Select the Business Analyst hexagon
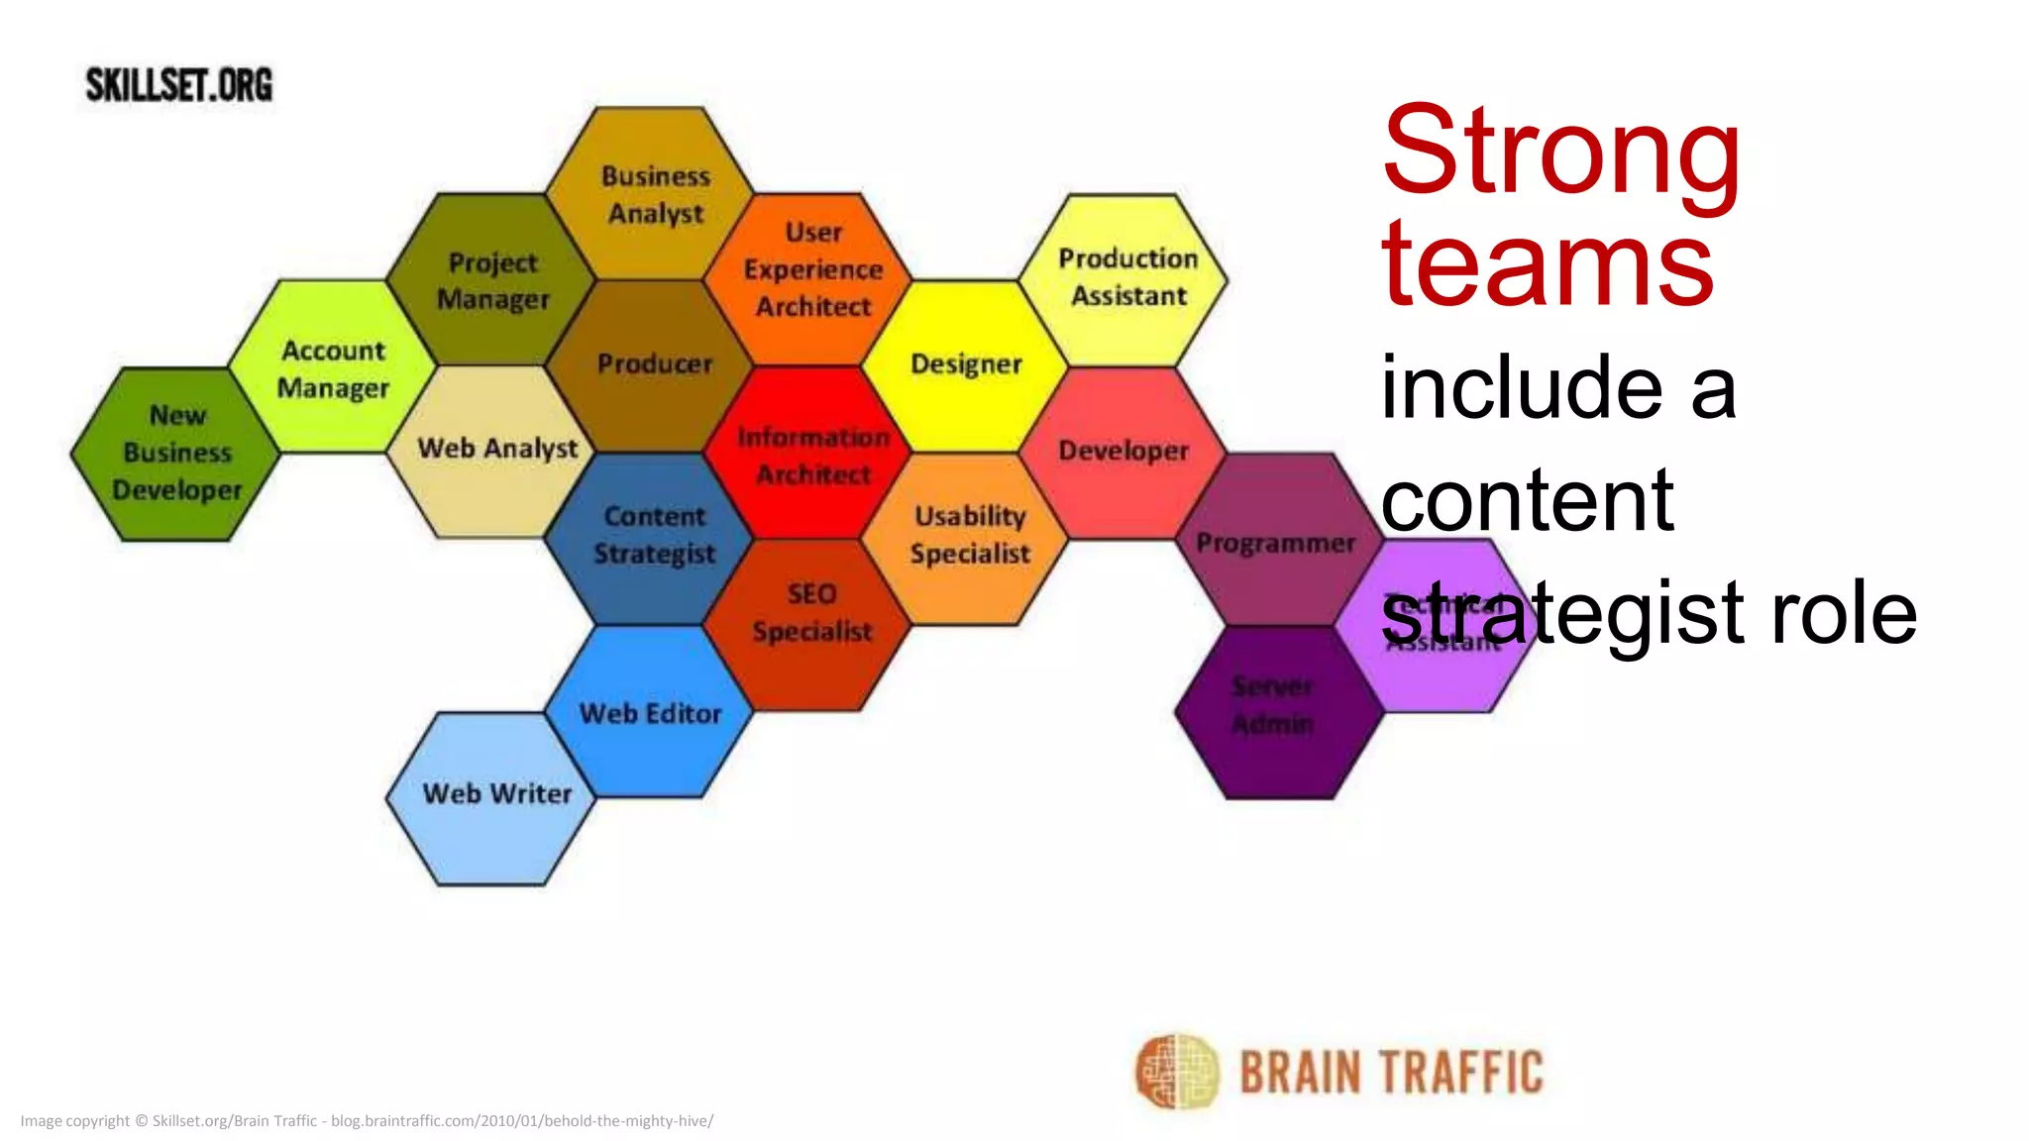654,194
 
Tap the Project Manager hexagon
492,280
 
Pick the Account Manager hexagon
333,368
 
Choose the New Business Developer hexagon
176,454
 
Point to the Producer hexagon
654,364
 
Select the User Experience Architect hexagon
812,270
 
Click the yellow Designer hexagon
966,364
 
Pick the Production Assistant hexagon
1126,278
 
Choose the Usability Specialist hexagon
968,536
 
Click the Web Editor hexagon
650,712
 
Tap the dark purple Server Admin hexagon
1278,712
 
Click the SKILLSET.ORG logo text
179,85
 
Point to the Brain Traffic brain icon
1176,1071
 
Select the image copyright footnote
367,1121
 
